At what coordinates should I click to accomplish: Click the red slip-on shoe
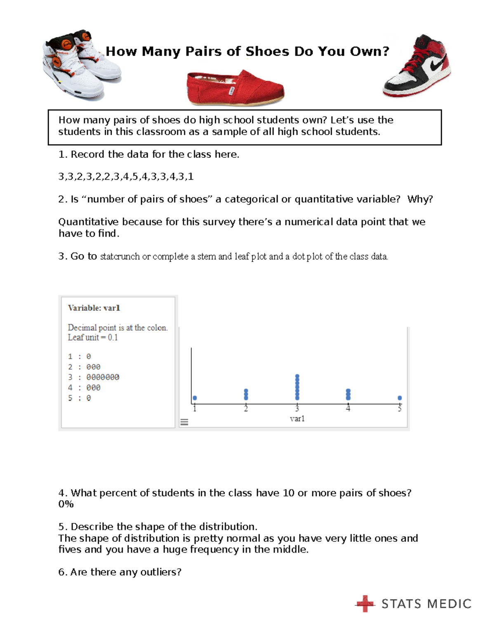coord(235,88)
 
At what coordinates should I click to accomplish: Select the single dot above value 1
coord(195,398)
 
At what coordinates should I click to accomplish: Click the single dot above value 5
coord(399,398)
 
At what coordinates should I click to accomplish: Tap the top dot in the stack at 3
coord(297,376)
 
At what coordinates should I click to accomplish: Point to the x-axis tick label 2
coord(246,408)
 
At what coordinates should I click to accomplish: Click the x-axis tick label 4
coord(348,408)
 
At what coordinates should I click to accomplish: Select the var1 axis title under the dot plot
coord(297,419)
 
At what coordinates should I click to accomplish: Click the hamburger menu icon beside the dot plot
coord(184,422)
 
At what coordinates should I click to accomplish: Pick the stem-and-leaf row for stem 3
coord(94,377)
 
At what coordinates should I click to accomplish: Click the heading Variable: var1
coord(94,308)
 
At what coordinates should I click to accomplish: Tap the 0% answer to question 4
coord(66,504)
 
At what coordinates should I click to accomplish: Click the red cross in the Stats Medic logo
coord(365,604)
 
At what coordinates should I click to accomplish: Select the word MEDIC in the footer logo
coord(449,604)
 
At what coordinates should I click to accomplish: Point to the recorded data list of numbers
coord(126,177)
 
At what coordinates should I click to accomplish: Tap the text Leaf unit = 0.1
coord(93,338)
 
